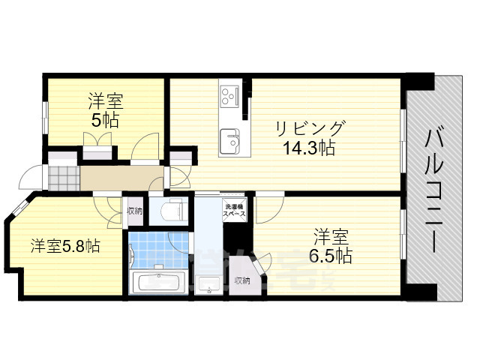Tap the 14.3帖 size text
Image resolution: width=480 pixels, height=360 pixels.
[309, 148]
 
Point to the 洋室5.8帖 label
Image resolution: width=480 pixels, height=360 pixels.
[65, 245]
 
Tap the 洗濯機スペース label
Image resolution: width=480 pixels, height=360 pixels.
[232, 208]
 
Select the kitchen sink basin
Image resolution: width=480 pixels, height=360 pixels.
[229, 138]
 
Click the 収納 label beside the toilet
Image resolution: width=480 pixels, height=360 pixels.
[134, 211]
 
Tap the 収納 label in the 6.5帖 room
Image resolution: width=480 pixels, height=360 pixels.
[241, 280]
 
